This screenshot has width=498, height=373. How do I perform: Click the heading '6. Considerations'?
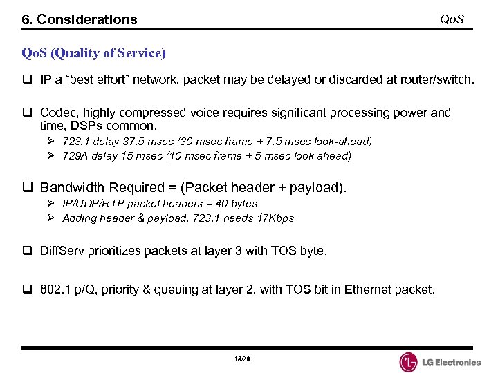pos(80,19)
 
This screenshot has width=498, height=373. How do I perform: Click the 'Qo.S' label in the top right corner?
pos(452,18)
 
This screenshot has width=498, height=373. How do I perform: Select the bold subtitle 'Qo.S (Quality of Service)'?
pos(93,52)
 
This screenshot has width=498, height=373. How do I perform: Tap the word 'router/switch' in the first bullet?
pos(438,79)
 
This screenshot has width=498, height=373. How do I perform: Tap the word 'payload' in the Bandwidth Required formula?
pos(317,187)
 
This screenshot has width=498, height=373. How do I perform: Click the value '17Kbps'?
pos(275,218)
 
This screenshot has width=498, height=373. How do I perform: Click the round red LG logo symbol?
pos(409,362)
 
